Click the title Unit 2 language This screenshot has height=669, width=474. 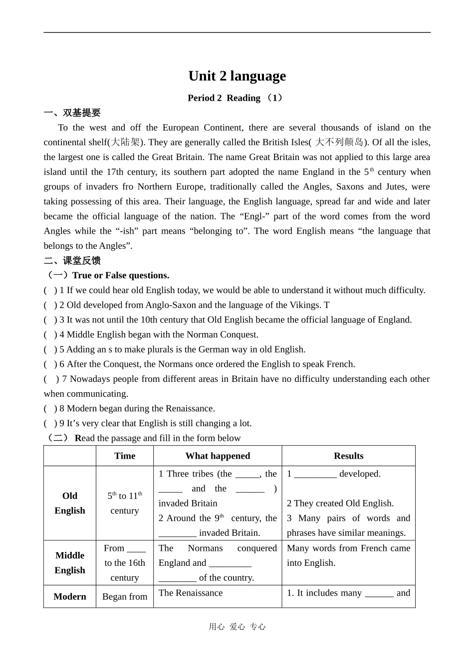point(237,76)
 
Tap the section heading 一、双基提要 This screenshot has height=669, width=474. point(72,113)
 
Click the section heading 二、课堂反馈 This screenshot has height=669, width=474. point(72,261)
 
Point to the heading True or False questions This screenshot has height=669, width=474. point(120,275)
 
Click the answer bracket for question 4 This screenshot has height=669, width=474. point(50,334)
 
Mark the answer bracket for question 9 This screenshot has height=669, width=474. point(50,423)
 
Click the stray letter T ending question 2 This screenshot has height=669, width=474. point(326,305)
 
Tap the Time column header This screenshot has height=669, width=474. point(125,456)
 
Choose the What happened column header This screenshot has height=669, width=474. point(218,456)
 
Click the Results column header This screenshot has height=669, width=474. point(348,456)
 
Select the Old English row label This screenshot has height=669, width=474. point(70,503)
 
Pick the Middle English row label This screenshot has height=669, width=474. point(70,563)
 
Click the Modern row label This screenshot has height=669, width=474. point(70,597)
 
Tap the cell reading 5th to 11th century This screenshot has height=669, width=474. point(125,503)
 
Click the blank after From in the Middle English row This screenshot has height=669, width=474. point(136,548)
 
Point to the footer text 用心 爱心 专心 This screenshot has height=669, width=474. point(237,627)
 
